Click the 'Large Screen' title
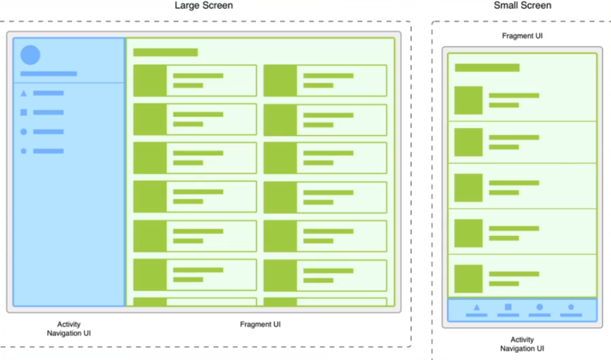coord(204,6)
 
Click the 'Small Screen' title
coord(522,6)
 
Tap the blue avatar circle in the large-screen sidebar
coord(30,55)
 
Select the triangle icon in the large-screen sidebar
coord(24,93)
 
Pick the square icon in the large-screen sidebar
coord(24,113)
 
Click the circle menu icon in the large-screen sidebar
coord(24,132)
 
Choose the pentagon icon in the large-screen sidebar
coord(24,151)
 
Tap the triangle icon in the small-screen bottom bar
coord(477,308)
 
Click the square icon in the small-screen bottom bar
coord(508,308)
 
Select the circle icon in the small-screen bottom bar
coord(540,308)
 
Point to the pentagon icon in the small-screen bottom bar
coord(571,308)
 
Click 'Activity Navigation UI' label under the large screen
coord(69,328)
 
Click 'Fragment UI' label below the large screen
coord(260,325)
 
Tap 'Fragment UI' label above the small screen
coord(522,36)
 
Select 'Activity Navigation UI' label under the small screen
coord(522,344)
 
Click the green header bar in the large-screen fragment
coord(165,52)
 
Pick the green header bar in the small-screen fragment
coord(487,67)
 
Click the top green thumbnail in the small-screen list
coord(468,100)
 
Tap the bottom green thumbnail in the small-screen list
coord(468,279)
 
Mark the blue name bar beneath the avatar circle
coord(48,74)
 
